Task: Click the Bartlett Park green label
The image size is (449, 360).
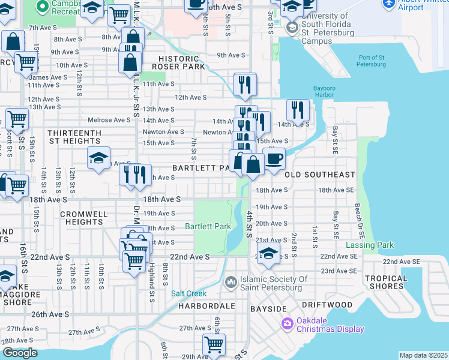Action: coord(208,227)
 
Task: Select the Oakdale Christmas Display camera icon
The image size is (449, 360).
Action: coord(287,324)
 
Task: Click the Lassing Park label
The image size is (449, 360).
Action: coord(370,245)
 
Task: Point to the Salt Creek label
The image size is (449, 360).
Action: coord(188,293)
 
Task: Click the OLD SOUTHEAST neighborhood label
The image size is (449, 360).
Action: coord(319,175)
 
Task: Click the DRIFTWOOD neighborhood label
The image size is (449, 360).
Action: coord(332,305)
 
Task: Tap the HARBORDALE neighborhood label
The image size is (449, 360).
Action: coord(205,305)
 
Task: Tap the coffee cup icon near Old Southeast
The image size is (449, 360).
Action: coord(274,159)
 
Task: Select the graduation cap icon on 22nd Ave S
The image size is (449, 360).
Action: coord(268,253)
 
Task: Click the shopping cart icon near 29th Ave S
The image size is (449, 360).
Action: coord(214,344)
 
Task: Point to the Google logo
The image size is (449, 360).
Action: coord(20,353)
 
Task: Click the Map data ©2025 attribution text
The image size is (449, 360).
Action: coord(423,355)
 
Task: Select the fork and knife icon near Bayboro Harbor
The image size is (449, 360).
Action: coord(298,110)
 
